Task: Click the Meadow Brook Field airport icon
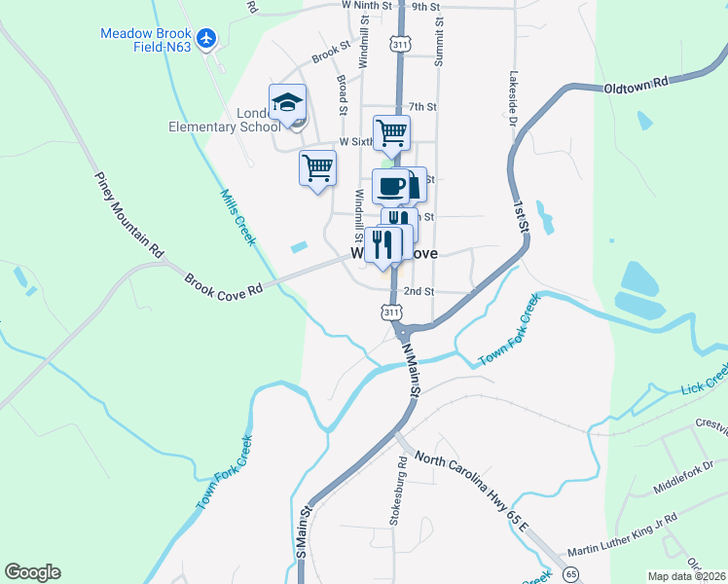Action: tap(205, 38)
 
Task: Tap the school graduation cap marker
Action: tap(288, 102)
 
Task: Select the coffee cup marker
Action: tap(390, 185)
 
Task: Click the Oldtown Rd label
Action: tap(637, 85)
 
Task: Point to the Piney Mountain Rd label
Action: tap(129, 214)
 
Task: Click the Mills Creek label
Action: tap(237, 216)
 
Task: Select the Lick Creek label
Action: tap(704, 379)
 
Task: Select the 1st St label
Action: tap(523, 211)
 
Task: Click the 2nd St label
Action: tap(419, 291)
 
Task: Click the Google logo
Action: tap(32, 572)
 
